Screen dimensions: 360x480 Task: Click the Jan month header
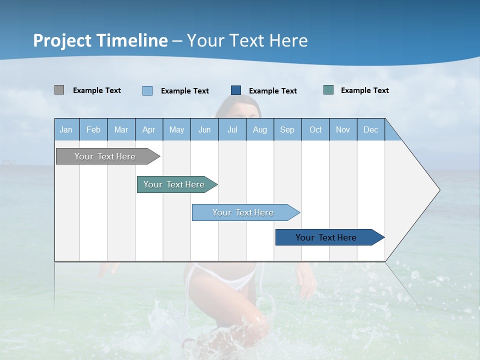coord(66,129)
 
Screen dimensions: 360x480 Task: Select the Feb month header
coord(93,129)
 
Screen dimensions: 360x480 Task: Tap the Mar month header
coord(121,129)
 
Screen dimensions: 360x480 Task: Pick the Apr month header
coord(149,129)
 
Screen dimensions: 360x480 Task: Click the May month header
coord(176,129)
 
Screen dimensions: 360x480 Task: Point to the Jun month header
coord(204,129)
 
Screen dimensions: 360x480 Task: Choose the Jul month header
coord(232,129)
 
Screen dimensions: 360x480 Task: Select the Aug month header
coord(260,129)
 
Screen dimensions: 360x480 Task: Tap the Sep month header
coord(287,129)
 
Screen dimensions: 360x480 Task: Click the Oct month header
coord(315,129)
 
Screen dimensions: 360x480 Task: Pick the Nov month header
coord(343,129)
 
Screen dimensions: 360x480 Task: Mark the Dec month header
coord(371,129)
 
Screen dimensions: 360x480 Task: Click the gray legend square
coord(59,90)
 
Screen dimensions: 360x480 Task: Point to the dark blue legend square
coord(236,90)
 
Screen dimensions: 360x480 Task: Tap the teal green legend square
coord(328,90)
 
